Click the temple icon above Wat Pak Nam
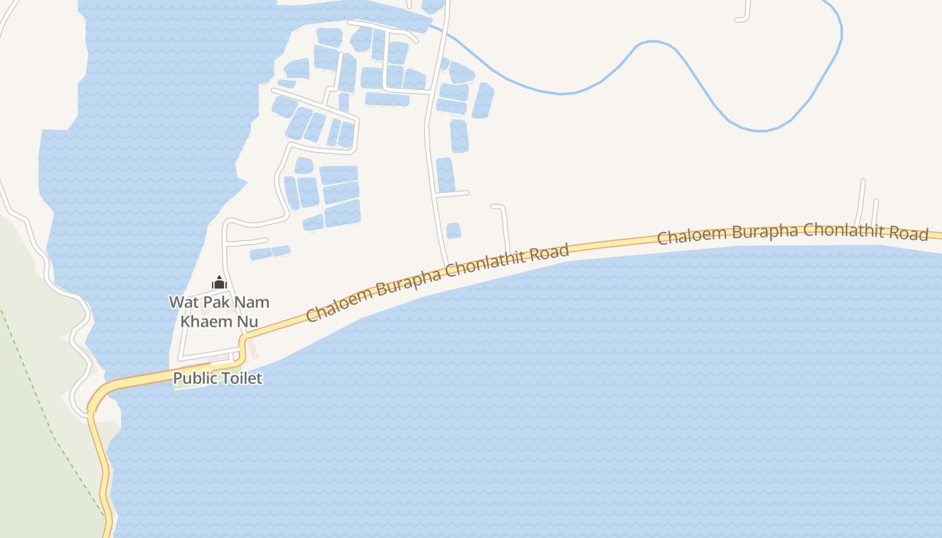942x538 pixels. [219, 283]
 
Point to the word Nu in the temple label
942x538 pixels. [247, 321]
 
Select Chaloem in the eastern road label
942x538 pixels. [691, 236]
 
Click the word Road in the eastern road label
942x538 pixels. [912, 233]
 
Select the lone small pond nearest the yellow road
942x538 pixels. [454, 231]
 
